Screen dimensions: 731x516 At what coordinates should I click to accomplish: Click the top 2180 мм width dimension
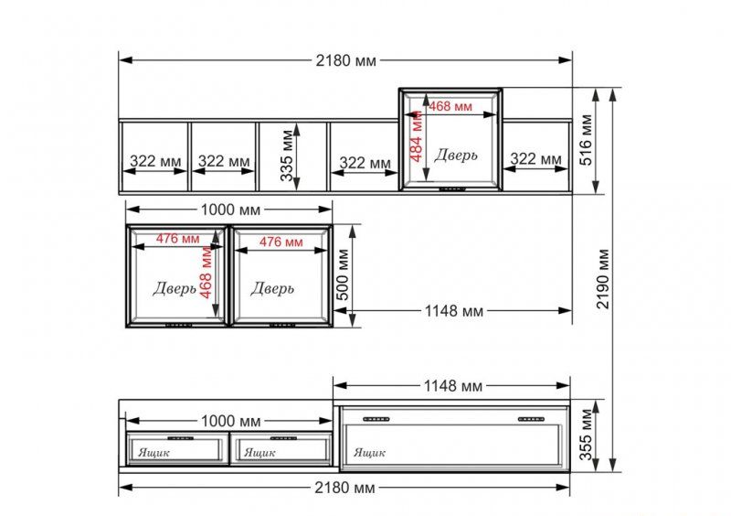pyautogui.click(x=345, y=60)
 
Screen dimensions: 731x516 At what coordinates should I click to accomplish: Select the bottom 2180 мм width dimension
pyautogui.click(x=344, y=488)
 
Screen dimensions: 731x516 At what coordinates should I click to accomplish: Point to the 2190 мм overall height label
pyautogui.click(x=603, y=279)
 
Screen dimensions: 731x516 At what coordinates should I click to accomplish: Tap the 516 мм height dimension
pyautogui.click(x=586, y=140)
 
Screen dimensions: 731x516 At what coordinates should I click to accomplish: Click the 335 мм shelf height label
pyautogui.click(x=287, y=156)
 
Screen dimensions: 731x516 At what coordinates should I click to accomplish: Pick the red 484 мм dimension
pyautogui.click(x=416, y=136)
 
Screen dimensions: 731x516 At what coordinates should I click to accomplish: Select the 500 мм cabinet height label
pyautogui.click(x=342, y=274)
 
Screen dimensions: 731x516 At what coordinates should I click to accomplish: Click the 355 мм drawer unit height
pyautogui.click(x=586, y=435)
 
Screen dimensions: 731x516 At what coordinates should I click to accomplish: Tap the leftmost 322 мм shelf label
pyautogui.click(x=155, y=161)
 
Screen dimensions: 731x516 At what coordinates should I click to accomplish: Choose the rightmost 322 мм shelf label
pyautogui.click(x=535, y=159)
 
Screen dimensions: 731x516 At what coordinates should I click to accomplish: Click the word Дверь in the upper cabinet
pyautogui.click(x=455, y=155)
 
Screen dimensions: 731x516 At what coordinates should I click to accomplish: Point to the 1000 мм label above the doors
pyautogui.click(x=231, y=210)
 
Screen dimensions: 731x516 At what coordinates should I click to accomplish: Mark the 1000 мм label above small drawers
pyautogui.click(x=231, y=421)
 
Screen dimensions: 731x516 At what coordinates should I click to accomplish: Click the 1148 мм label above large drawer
pyautogui.click(x=452, y=386)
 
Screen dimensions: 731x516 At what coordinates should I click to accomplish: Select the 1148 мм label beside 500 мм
pyautogui.click(x=453, y=310)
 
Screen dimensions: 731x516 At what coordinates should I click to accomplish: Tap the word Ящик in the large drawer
pyautogui.click(x=370, y=452)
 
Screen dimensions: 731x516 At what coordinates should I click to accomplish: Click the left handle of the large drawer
pyautogui.click(x=376, y=419)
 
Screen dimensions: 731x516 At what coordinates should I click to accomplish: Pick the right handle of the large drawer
pyautogui.click(x=531, y=419)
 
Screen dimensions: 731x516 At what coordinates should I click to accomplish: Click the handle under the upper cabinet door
pyautogui.click(x=452, y=189)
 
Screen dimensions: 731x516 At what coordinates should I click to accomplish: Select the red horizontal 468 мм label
pyautogui.click(x=450, y=106)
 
